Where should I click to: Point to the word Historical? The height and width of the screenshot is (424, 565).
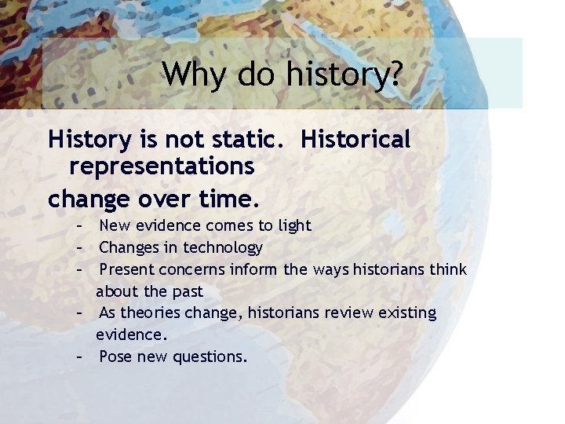[355, 140]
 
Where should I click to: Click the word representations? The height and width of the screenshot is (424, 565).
[162, 166]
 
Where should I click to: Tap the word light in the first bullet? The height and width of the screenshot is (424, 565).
[295, 226]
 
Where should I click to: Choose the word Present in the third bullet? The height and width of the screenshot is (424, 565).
[129, 269]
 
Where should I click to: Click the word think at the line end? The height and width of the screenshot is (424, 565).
[447, 269]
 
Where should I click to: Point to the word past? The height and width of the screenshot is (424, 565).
[187, 291]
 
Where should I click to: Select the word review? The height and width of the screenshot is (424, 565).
[345, 313]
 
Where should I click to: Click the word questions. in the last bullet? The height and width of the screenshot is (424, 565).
[214, 357]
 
